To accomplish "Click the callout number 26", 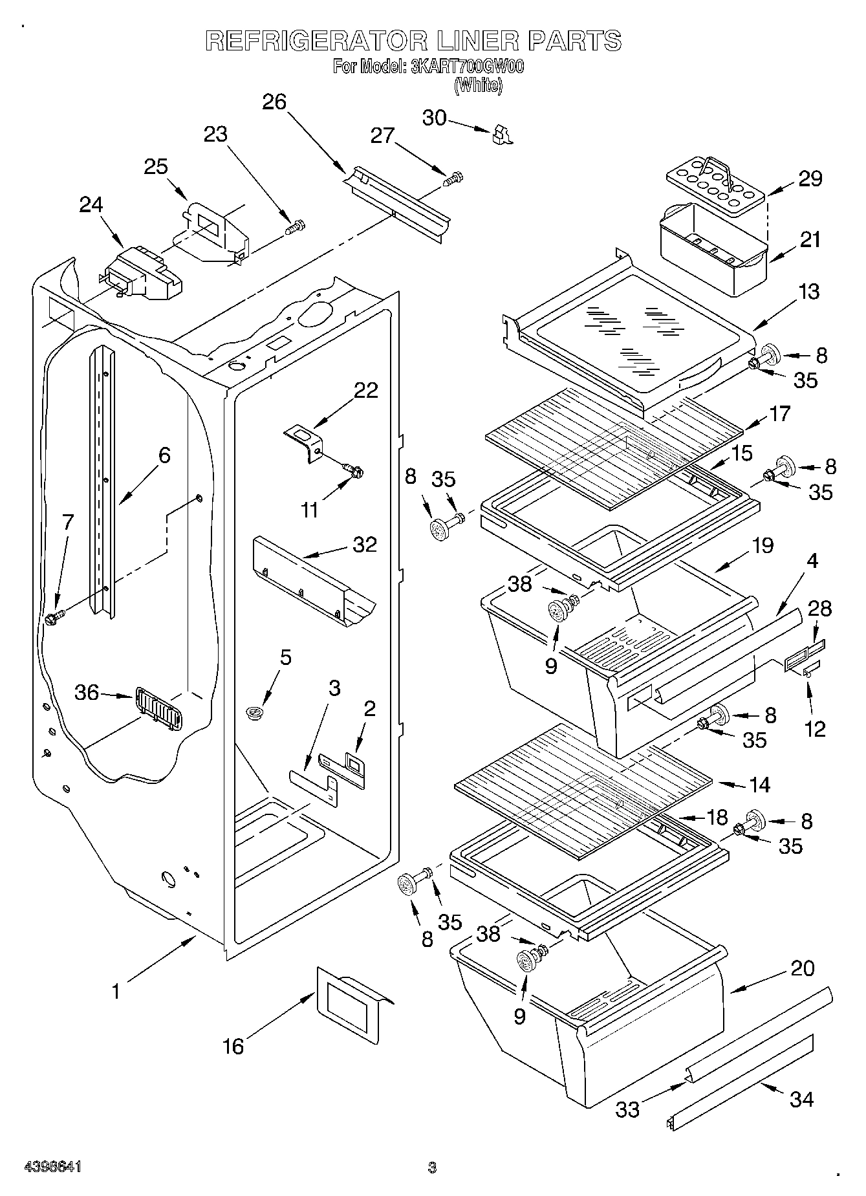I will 274,102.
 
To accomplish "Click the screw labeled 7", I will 53,618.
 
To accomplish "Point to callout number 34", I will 801,1099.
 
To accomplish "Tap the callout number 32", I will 364,544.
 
